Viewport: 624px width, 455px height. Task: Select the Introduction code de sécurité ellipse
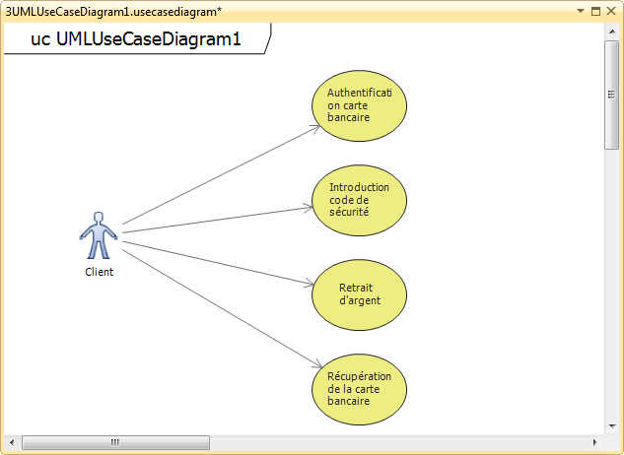[x=359, y=200]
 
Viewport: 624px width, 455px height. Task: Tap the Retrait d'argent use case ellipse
[x=359, y=293]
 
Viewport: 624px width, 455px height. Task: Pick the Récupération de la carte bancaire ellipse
[x=359, y=388]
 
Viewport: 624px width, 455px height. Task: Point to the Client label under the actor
[x=99, y=273]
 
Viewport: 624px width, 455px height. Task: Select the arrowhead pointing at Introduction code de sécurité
[x=308, y=206]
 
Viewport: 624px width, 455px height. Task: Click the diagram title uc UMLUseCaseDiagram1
[x=136, y=40]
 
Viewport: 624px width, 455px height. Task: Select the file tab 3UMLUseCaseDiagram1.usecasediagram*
[x=113, y=11]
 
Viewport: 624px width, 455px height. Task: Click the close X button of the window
[x=612, y=11]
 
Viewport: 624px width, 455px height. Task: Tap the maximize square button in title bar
[x=595, y=11]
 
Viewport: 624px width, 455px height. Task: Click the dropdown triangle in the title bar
[x=581, y=11]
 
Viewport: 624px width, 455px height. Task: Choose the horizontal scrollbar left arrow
[x=12, y=441]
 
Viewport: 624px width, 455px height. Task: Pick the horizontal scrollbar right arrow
[x=595, y=441]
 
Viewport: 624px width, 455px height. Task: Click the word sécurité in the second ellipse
[x=348, y=212]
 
